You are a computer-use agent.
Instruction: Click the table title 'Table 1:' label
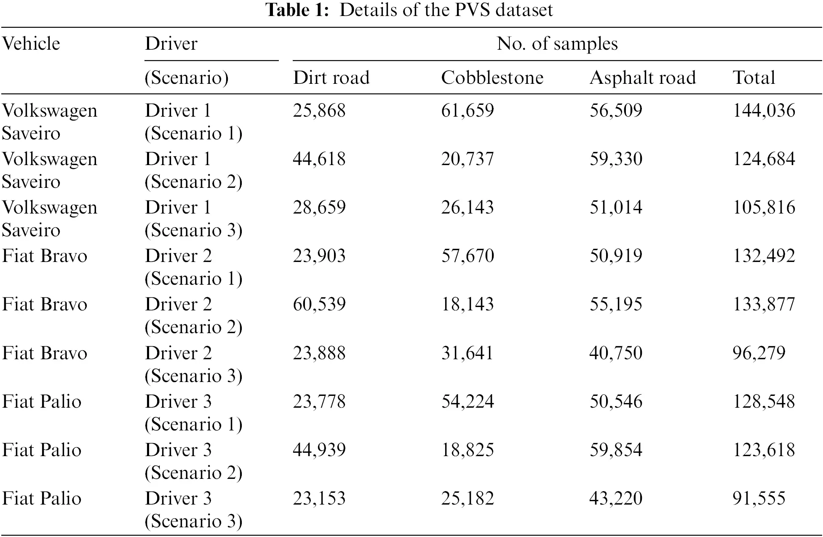[x=297, y=10]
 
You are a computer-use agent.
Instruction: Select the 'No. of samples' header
[x=557, y=44]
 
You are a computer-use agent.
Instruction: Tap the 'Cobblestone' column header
[x=492, y=78]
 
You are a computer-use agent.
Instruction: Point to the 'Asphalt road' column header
[x=642, y=78]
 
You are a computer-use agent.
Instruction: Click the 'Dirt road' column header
[x=331, y=78]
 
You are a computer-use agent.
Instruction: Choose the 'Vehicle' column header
[x=31, y=44]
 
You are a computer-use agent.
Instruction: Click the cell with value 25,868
[x=319, y=111]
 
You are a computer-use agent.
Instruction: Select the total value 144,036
[x=764, y=111]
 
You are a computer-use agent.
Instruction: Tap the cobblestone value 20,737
[x=467, y=159]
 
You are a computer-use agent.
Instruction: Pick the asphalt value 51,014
[x=616, y=208]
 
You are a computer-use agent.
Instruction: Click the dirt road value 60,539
[x=319, y=305]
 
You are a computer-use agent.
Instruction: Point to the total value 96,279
[x=759, y=353]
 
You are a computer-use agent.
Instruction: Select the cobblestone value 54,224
[x=467, y=402]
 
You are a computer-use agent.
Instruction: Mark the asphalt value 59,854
[x=616, y=450]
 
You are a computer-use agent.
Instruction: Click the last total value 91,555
[x=759, y=499]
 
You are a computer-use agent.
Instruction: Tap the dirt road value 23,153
[x=319, y=499]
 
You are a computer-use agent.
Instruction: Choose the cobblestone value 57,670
[x=467, y=256]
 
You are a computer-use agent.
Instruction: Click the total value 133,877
[x=764, y=305]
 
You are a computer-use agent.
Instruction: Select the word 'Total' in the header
[x=754, y=78]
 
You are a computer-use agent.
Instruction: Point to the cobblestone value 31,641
[x=467, y=353]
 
